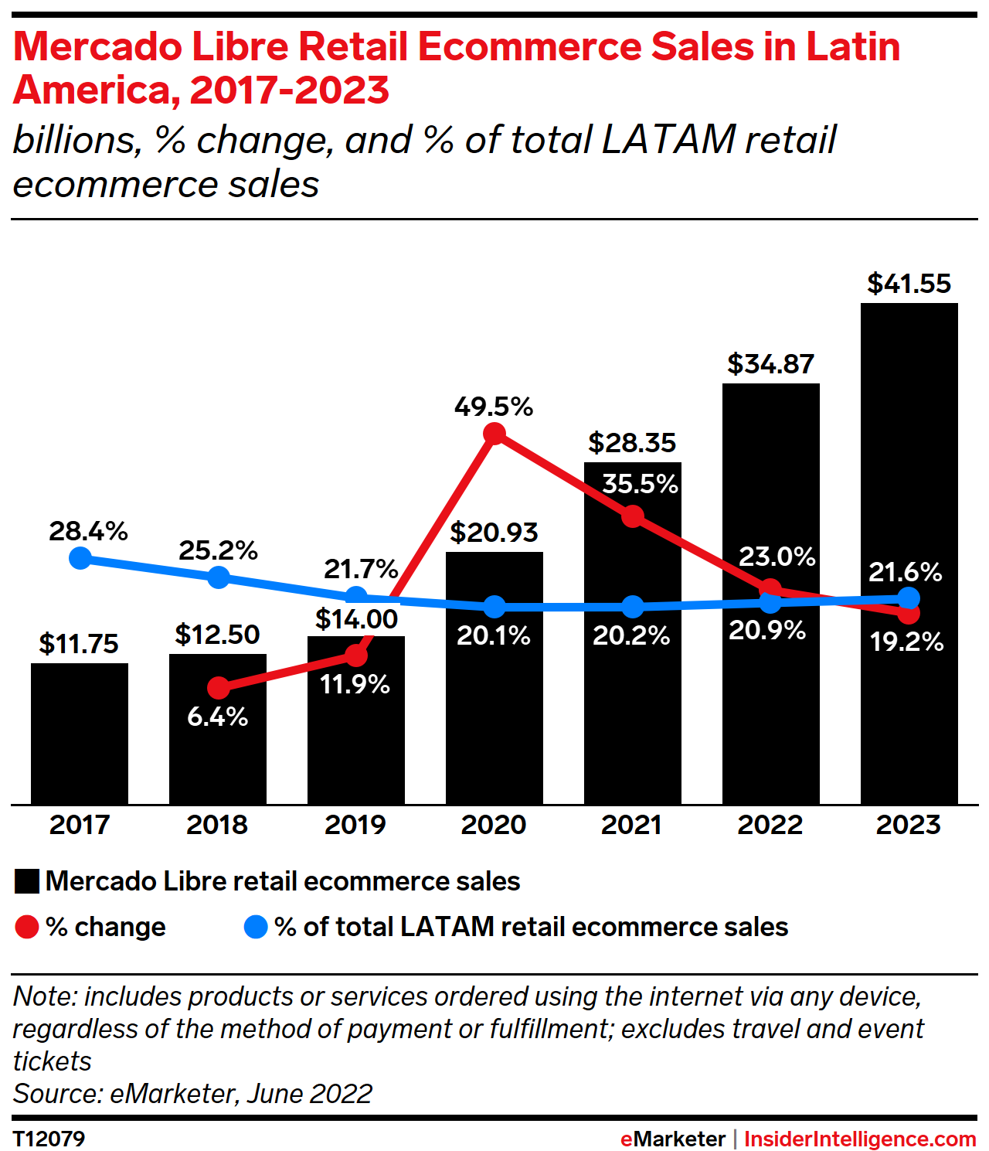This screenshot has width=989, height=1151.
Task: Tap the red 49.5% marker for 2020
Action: point(494,434)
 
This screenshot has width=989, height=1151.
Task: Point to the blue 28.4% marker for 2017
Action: point(80,558)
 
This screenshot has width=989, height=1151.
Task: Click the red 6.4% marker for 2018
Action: point(219,687)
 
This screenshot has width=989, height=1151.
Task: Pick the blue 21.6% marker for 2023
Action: point(909,598)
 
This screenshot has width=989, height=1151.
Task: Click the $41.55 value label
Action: point(909,284)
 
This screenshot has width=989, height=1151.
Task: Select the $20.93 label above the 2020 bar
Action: point(494,533)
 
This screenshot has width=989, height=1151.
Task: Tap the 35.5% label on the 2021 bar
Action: point(640,484)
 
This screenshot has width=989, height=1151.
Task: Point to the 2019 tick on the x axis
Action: point(355,825)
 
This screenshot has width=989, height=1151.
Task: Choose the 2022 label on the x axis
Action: point(770,825)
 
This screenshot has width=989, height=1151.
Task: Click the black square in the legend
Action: point(27,882)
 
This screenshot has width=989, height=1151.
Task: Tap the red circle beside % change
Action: point(27,927)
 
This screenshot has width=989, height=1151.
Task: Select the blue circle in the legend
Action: point(256,927)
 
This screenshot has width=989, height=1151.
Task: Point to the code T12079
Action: point(49,1139)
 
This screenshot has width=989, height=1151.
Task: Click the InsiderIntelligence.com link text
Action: point(860,1139)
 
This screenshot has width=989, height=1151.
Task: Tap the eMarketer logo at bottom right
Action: point(672,1139)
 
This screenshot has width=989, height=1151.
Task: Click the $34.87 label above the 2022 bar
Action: point(770,364)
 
